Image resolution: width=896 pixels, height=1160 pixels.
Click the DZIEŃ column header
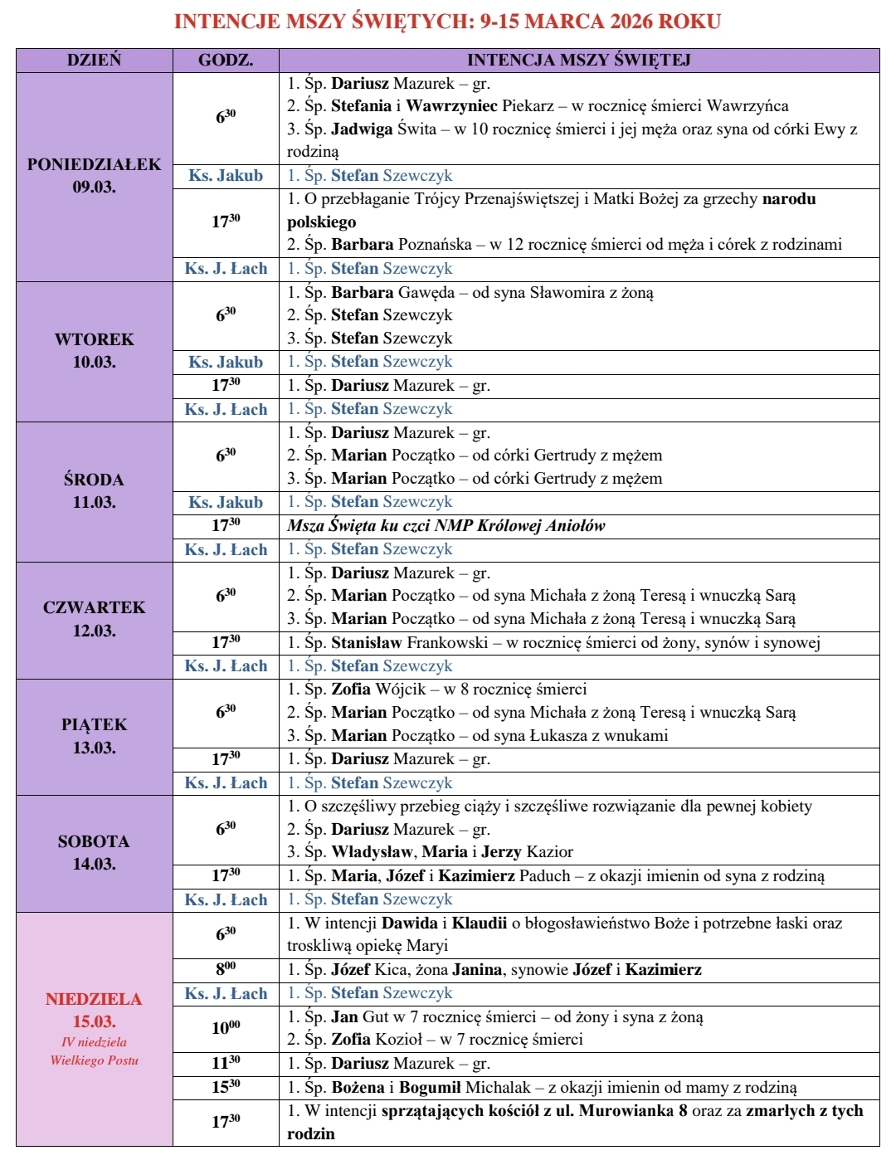[94, 60]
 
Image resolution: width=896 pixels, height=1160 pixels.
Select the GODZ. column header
[226, 60]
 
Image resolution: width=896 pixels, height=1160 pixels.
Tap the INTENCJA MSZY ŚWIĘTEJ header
[578, 60]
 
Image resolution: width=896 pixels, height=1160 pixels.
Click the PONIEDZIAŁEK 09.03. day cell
[94, 175]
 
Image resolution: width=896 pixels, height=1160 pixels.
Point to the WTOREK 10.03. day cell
[94, 350]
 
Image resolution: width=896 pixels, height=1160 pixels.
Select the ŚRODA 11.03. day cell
[94, 490]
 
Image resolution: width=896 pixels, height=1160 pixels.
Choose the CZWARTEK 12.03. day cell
[94, 618]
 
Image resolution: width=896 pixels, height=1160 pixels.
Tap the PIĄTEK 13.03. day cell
[94, 735]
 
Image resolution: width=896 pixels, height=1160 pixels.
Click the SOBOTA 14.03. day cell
[94, 852]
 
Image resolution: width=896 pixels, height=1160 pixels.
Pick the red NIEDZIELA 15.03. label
[94, 1010]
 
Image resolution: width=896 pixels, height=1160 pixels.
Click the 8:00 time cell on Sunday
[226, 969]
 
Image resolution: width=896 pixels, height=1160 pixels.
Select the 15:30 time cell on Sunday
[226, 1087]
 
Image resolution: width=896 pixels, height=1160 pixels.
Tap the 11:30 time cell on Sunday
[226, 1063]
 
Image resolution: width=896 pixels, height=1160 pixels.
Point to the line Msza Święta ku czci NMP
[446, 525]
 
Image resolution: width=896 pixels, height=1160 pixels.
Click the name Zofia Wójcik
[378, 689]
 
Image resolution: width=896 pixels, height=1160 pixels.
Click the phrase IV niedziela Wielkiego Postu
[94, 1050]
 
